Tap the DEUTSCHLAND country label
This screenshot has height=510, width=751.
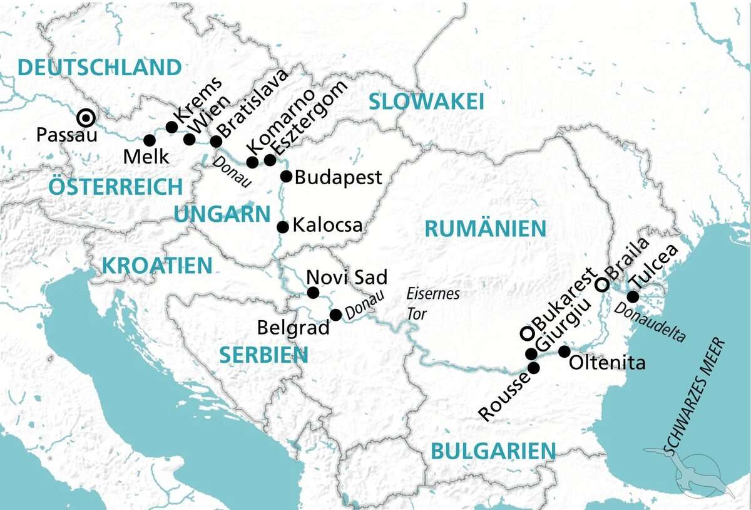pos(100,67)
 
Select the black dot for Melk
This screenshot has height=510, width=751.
pos(149,140)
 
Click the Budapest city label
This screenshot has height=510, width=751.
pos(338,177)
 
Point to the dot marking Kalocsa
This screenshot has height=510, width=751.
pos(282,227)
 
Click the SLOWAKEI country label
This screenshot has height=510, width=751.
pos(427,101)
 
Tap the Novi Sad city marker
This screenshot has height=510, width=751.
pos(314,293)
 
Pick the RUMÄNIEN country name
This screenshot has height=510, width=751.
pos(485,229)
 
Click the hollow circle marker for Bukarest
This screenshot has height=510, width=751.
pos(528,333)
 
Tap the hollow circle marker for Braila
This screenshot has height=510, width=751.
pos(601,284)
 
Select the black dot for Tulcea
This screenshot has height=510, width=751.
pos(633,296)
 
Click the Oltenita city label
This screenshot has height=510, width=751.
pos(607,363)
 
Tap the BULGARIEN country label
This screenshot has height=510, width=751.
pos(493,450)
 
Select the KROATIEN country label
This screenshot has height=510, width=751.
pos(157,266)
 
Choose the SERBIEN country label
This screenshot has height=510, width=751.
pos(263,356)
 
